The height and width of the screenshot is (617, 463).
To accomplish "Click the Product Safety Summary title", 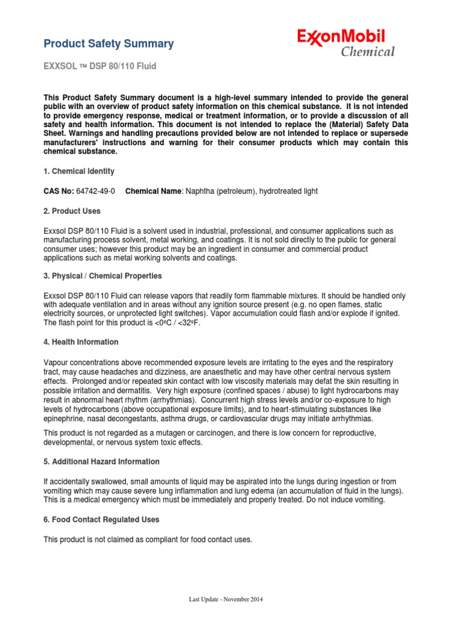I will coord(109,43).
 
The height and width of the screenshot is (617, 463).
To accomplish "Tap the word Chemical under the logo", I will coord(368,52).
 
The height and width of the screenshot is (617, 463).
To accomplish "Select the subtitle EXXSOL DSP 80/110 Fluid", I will coord(99,66).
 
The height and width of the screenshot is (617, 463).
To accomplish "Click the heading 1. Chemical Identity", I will coord(78,172).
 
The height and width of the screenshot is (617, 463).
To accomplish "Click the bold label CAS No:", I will coord(58,191).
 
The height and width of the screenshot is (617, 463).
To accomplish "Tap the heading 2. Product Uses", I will coord(72,211).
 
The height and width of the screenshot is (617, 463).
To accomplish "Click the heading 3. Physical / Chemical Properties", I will coord(102,276).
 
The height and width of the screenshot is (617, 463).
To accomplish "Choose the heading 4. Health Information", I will coord(81,342).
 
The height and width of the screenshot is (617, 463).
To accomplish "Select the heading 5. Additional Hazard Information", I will coord(101,462).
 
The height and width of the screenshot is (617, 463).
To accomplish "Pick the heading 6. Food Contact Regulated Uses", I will coord(101,519).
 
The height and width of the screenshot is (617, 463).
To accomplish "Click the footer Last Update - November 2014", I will coord(225,600).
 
